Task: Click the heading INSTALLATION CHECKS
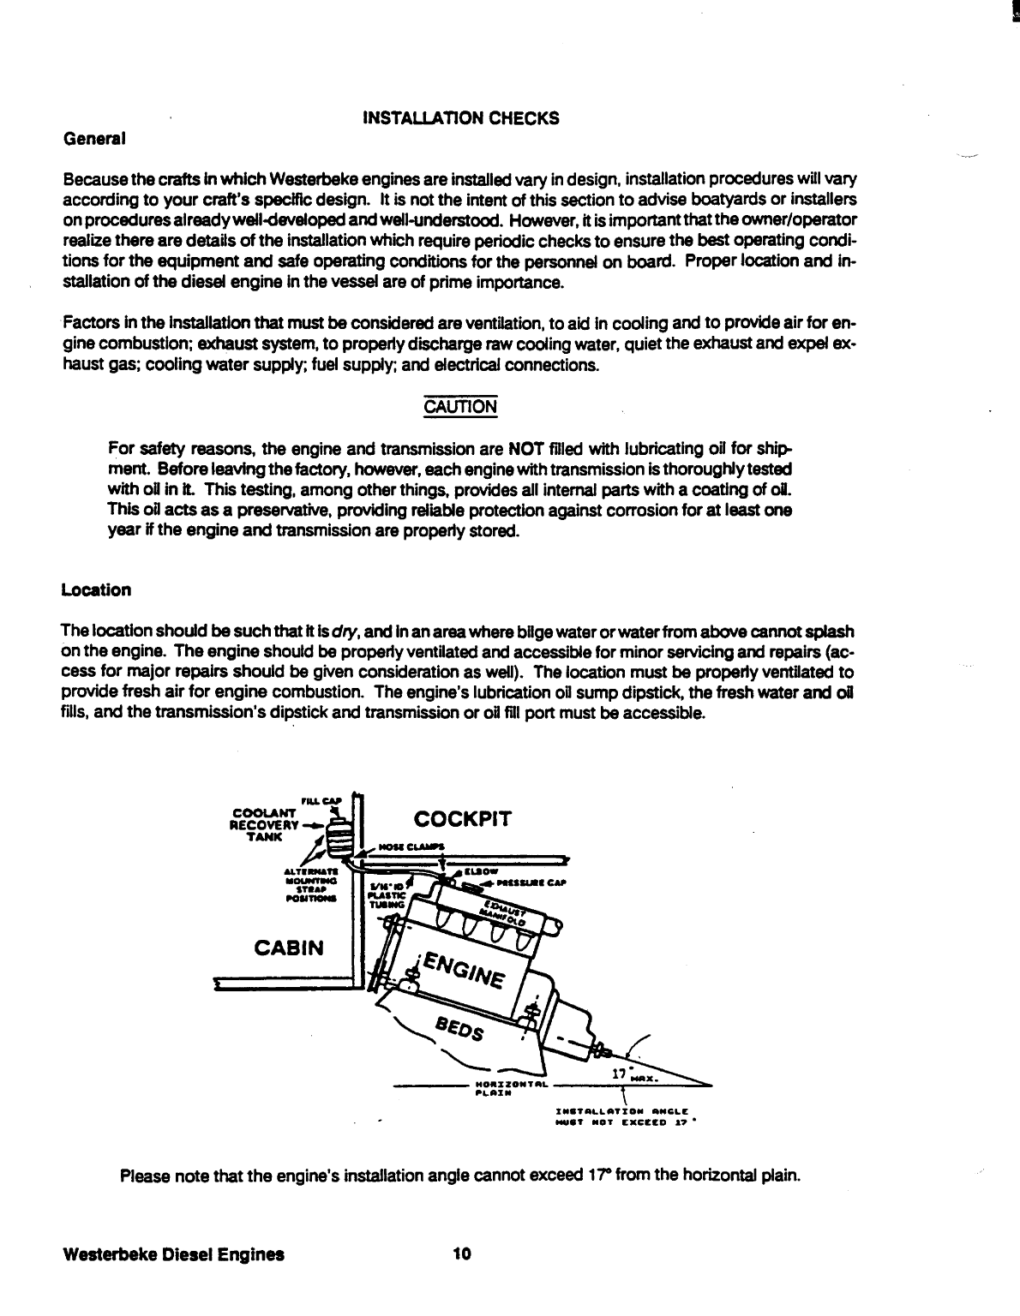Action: [x=461, y=118]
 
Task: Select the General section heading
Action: [x=94, y=138]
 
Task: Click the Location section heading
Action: [x=96, y=590]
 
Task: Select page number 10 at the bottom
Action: [x=462, y=1254]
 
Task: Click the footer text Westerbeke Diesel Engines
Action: [x=173, y=1254]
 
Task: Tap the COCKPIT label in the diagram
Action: [x=462, y=819]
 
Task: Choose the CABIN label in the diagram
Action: [x=289, y=948]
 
